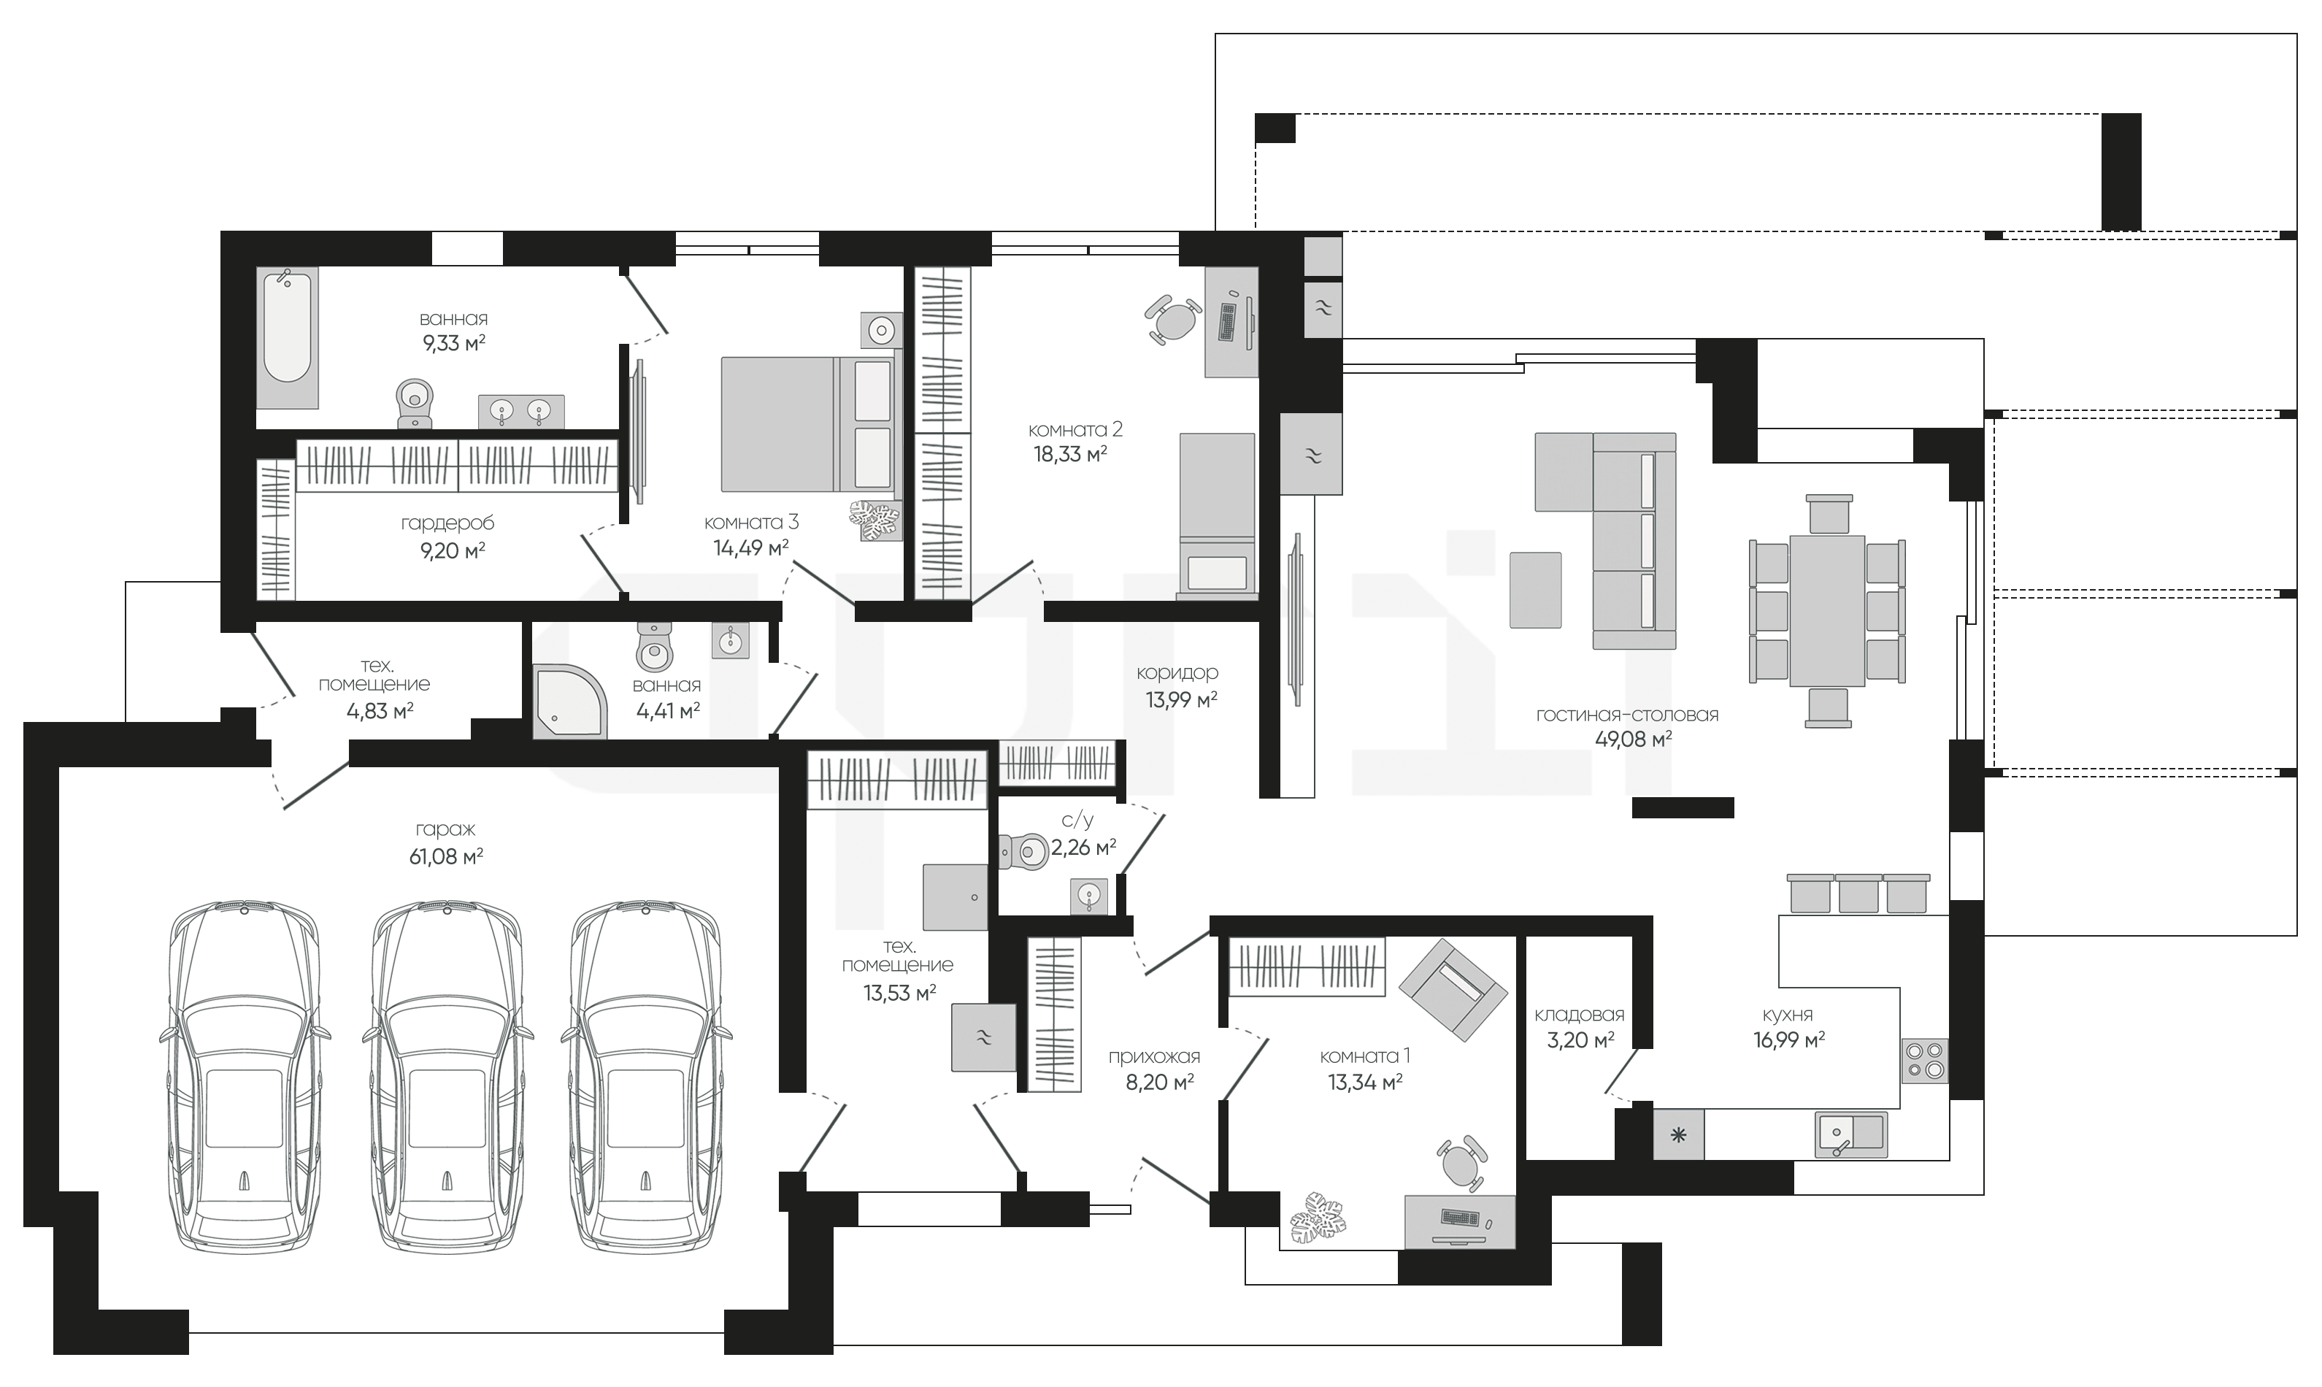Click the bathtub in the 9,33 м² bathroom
pyautogui.click(x=288, y=337)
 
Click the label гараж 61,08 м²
pyautogui.click(x=446, y=842)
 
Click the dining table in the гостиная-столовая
pyautogui.click(x=1828, y=610)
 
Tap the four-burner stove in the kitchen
pyautogui.click(x=1925, y=1061)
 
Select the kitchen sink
pyautogui.click(x=1851, y=1134)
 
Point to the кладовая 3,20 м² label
pyautogui.click(x=1579, y=1027)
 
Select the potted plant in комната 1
pyautogui.click(x=1318, y=1220)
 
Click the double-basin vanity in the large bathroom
pyautogui.click(x=520, y=410)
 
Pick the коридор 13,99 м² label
pyautogui.click(x=1177, y=685)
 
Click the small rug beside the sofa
pyautogui.click(x=1535, y=590)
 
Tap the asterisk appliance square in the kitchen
pyautogui.click(x=1678, y=1134)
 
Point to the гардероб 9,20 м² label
pyautogui.click(x=447, y=537)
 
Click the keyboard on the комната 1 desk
pyautogui.click(x=1459, y=1217)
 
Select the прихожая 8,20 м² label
pyautogui.click(x=1154, y=1069)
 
